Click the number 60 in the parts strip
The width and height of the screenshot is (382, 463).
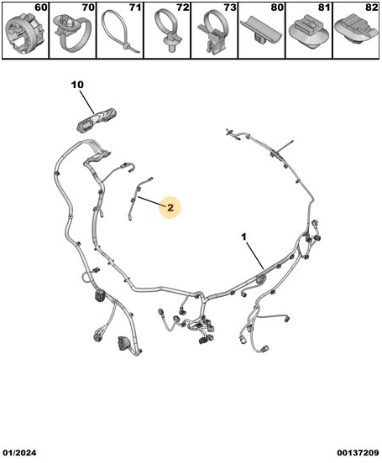pyautogui.click(x=41, y=8)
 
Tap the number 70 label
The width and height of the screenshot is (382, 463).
pyautogui.click(x=88, y=8)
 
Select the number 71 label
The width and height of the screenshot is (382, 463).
pyautogui.click(x=135, y=8)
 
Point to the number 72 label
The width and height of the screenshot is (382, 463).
pyautogui.click(x=182, y=8)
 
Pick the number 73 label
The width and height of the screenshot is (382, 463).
pyautogui.click(x=230, y=8)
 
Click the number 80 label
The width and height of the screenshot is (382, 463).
pyautogui.click(x=277, y=8)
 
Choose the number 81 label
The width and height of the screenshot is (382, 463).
pyautogui.click(x=324, y=8)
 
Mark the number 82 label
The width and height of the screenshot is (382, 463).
pyautogui.click(x=372, y=8)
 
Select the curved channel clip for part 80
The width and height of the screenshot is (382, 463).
pyautogui.click(x=260, y=32)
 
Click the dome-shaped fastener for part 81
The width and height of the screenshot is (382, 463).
pyautogui.click(x=308, y=34)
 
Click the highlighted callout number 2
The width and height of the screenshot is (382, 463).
pyautogui.click(x=170, y=207)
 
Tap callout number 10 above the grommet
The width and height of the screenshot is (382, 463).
pyautogui.click(x=77, y=85)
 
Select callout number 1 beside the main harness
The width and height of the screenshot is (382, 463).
pyautogui.click(x=243, y=237)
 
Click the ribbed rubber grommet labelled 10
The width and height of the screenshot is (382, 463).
pyautogui.click(x=97, y=121)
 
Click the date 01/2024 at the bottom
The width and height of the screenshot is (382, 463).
pyautogui.click(x=20, y=453)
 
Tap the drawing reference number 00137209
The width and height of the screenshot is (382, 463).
pyautogui.click(x=358, y=453)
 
